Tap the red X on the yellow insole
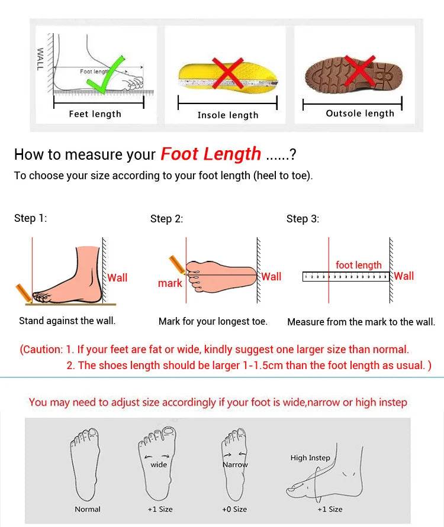point(228,73)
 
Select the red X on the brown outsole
point(360,70)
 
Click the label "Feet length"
point(95,114)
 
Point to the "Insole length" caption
point(228,115)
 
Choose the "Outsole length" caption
point(360,114)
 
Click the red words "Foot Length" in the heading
point(211,154)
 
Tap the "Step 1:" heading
point(31,218)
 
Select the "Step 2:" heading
point(166,219)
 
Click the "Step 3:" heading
point(303,219)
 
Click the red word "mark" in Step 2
point(170,283)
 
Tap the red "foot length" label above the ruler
point(359,265)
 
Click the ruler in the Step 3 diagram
point(346,277)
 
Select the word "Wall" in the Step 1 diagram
point(117,278)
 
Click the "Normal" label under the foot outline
point(88,509)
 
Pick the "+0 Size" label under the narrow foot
point(234,509)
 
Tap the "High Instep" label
point(310,458)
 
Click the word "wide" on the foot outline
point(159,464)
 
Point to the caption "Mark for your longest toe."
point(213,322)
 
